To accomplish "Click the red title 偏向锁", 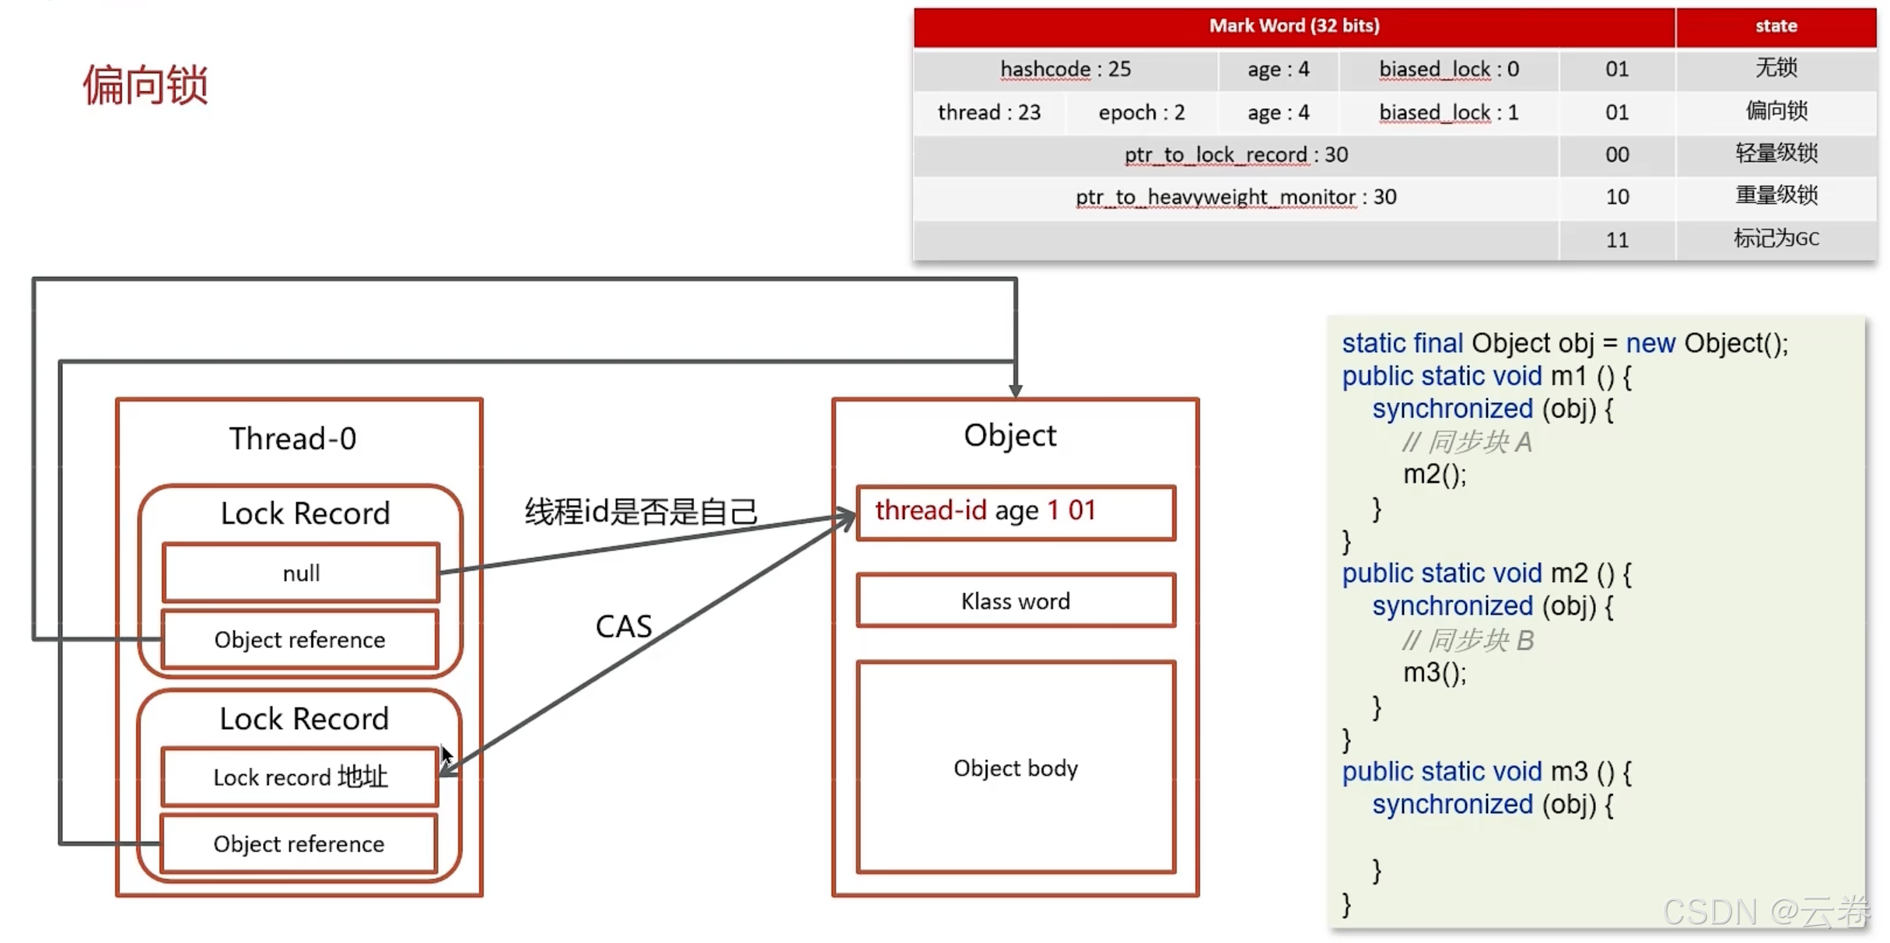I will pyautogui.click(x=145, y=84).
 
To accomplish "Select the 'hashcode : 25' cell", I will pyautogui.click(x=1065, y=69).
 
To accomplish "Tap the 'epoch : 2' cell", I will pyautogui.click(x=1141, y=113).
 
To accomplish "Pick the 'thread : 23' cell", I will pyautogui.click(x=989, y=113).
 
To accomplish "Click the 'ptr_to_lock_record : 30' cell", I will pyautogui.click(x=1236, y=155).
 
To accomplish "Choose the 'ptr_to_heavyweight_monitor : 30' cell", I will pyautogui.click(x=1236, y=197).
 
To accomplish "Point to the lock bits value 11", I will pyautogui.click(x=1617, y=240).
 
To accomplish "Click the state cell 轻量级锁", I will pyautogui.click(x=1776, y=153).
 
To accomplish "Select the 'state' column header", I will pyautogui.click(x=1776, y=26).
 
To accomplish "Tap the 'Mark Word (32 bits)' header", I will pyautogui.click(x=1294, y=26).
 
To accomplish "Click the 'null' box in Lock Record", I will pyautogui.click(x=301, y=573).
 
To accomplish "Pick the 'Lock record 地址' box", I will pyautogui.click(x=300, y=776).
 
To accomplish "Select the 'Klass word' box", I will pyautogui.click(x=1015, y=601).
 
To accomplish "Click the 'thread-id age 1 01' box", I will pyautogui.click(x=1015, y=511).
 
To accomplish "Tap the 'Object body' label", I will pyautogui.click(x=1015, y=768).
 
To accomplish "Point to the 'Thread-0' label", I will pyautogui.click(x=292, y=439).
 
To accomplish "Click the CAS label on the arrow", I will pyautogui.click(x=623, y=626).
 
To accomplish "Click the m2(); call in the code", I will pyautogui.click(x=1434, y=474).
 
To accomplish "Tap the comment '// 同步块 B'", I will pyautogui.click(x=1468, y=640).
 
